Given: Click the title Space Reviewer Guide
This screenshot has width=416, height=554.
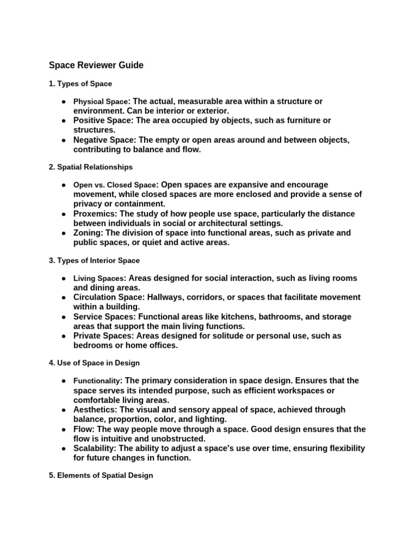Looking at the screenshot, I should (96, 65).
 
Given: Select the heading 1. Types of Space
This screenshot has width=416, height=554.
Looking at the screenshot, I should (80, 84).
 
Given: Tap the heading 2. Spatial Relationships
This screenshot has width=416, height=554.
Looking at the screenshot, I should (90, 167).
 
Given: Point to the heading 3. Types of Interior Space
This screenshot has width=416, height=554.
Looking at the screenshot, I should (94, 261).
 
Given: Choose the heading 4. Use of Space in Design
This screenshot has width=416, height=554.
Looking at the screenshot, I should (94, 363).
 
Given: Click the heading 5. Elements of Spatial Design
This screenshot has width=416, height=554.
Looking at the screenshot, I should (101, 476).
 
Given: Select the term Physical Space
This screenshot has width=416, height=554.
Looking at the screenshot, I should (101, 102).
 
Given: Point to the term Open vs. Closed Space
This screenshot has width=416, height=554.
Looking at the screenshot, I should (115, 185).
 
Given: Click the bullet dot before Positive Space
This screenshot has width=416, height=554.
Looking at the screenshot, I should (63, 121).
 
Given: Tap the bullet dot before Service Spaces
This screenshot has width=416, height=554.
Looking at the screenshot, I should (63, 316).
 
